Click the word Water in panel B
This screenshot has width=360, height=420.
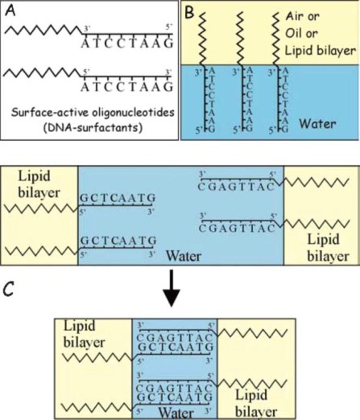click(x=327, y=126)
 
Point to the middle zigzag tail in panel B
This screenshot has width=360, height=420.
click(x=243, y=36)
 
